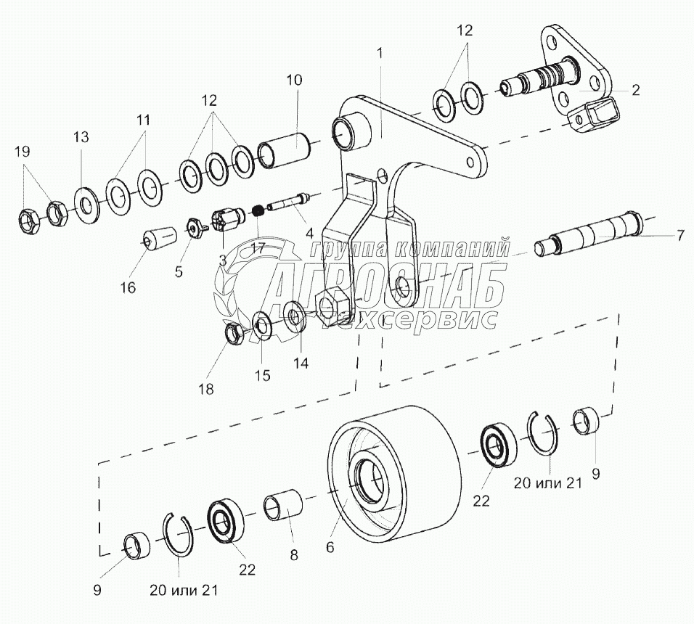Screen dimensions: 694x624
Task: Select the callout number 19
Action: tap(23, 152)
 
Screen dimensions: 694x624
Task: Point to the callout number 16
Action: tap(128, 287)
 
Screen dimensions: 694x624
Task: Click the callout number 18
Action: tap(207, 389)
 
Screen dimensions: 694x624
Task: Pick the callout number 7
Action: tap(679, 236)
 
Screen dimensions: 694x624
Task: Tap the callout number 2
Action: tap(634, 90)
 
